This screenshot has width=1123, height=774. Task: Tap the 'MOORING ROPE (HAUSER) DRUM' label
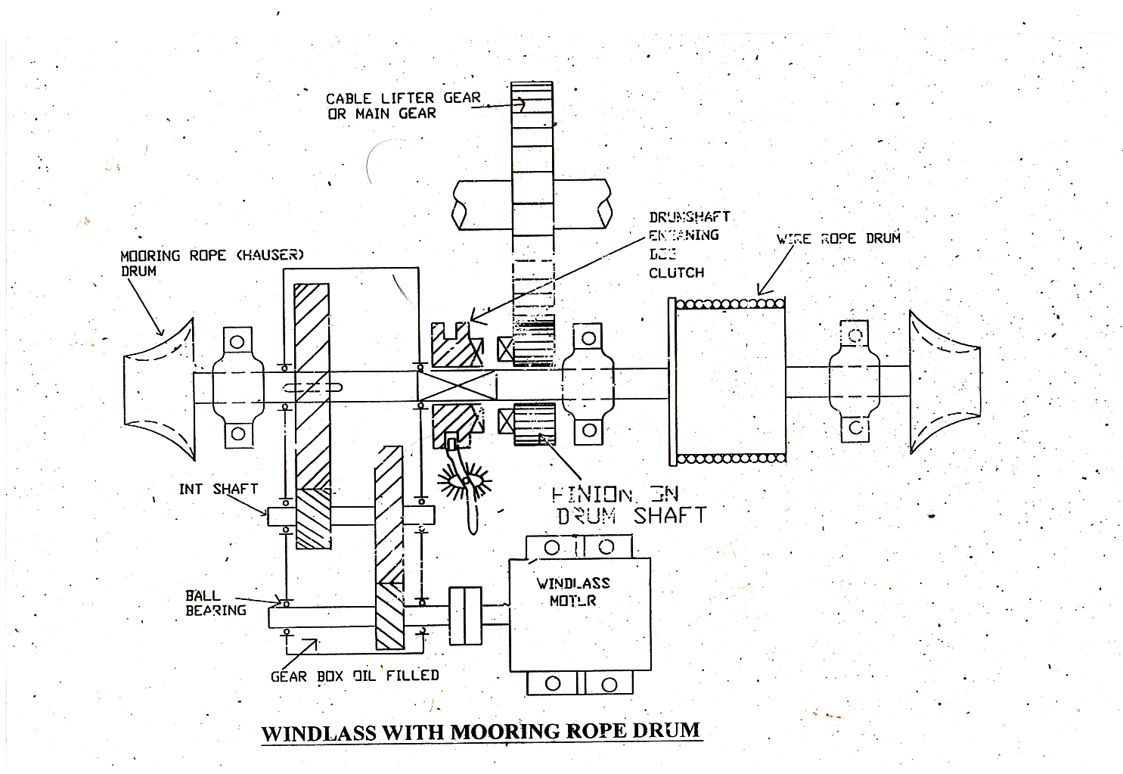[x=211, y=263]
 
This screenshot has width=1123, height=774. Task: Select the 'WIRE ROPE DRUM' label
[x=838, y=238]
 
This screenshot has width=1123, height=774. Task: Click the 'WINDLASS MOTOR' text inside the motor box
[x=572, y=592]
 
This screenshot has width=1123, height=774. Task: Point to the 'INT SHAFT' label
[x=218, y=490]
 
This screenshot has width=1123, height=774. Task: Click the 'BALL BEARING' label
[x=216, y=603]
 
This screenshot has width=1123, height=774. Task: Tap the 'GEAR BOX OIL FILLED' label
[x=354, y=676]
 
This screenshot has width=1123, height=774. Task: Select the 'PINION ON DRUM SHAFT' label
[x=628, y=505]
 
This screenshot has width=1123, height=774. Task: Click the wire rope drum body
[x=727, y=381]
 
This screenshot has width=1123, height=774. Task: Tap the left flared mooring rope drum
[x=160, y=388]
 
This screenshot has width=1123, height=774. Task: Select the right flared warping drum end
[x=944, y=382]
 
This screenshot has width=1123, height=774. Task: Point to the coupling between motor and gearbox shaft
[x=465, y=606]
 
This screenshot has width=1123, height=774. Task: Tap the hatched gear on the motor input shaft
[x=389, y=549]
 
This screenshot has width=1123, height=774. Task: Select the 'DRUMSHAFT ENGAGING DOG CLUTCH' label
[x=688, y=244]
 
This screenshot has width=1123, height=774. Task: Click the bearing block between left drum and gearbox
[x=238, y=386]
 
